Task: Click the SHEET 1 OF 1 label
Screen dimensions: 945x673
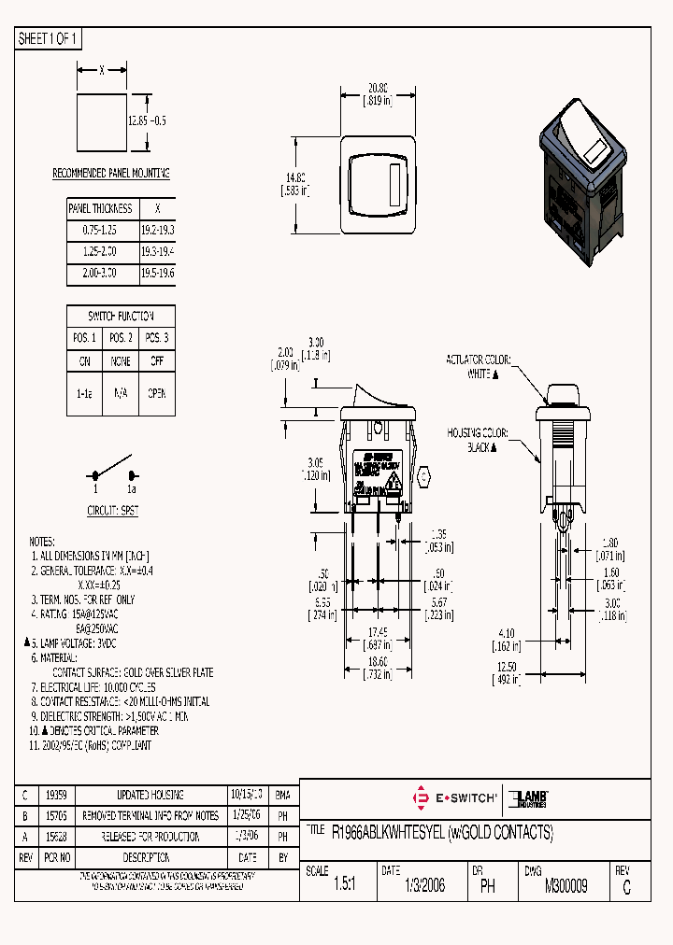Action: pyautogui.click(x=50, y=38)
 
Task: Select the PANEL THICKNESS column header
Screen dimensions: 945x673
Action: pyautogui.click(x=101, y=208)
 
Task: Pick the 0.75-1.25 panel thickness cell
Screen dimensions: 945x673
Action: pyautogui.click(x=101, y=230)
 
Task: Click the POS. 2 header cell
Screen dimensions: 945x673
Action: pyautogui.click(x=120, y=338)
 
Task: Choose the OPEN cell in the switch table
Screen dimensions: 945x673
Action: pyautogui.click(x=156, y=393)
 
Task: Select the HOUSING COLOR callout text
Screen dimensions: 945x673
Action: pyautogui.click(x=476, y=440)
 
